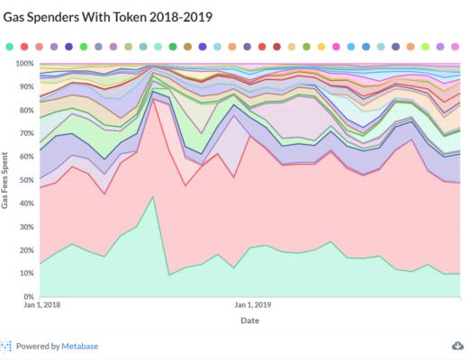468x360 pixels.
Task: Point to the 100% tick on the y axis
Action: coord(25,64)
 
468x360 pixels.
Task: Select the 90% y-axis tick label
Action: coord(27,87)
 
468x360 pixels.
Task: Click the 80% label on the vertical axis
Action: coord(27,111)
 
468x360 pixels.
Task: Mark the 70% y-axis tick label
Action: coord(27,133)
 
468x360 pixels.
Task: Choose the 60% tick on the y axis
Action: coord(27,157)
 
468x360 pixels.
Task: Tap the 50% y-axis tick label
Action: coord(27,180)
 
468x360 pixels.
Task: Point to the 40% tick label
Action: coord(27,203)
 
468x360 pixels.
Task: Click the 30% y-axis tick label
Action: coord(27,227)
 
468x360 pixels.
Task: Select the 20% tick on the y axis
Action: coord(27,249)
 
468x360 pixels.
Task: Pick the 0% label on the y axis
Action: coord(30,296)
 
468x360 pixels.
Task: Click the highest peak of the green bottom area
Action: coord(154,196)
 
